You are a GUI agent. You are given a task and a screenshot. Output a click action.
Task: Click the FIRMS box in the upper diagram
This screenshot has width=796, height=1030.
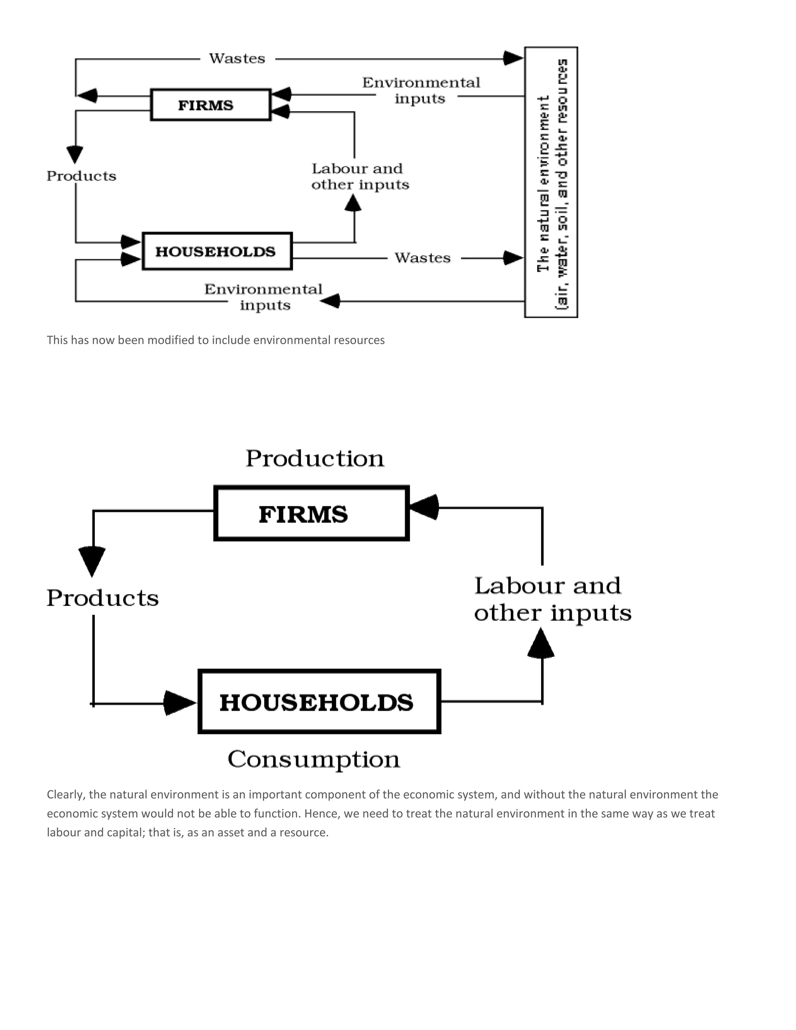[210, 105]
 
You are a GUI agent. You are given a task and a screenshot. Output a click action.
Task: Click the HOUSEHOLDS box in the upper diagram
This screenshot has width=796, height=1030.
[217, 251]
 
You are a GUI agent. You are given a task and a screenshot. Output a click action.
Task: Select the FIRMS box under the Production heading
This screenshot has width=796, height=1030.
[311, 513]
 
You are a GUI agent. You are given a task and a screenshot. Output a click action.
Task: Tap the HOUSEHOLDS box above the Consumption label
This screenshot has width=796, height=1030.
[319, 701]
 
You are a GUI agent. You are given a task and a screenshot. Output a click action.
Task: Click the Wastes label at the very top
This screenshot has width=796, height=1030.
[237, 58]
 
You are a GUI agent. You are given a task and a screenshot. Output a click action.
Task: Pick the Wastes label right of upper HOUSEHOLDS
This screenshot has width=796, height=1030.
[422, 258]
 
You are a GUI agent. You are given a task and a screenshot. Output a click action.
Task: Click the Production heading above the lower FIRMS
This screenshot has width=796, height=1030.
[314, 458]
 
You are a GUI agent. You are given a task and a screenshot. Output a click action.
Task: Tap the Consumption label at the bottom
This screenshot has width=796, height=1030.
[314, 760]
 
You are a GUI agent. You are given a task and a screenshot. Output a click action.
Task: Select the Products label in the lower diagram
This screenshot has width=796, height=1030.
[102, 598]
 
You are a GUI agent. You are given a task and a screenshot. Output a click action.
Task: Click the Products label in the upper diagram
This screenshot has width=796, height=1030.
[81, 176]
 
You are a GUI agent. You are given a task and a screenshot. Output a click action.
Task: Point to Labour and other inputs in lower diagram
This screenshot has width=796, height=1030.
[552, 599]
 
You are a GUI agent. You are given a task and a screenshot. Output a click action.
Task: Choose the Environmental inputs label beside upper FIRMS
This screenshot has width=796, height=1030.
[421, 90]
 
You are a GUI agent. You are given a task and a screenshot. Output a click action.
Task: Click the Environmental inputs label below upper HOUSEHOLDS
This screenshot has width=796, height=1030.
[263, 297]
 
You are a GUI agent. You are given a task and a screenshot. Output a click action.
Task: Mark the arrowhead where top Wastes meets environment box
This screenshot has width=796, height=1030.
[513, 58]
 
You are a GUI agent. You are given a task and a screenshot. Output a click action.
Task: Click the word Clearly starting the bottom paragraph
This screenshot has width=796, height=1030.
[66, 795]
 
